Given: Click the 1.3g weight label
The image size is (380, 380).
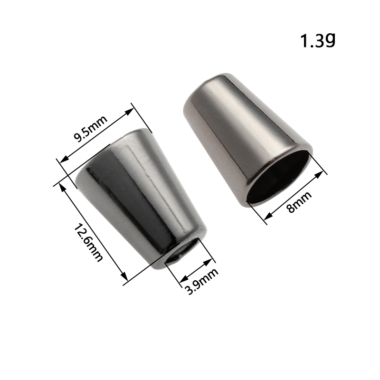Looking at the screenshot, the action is point(318,40).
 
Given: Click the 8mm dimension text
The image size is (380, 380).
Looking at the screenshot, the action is point(299,202).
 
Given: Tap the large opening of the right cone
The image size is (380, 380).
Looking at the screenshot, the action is point(278,176).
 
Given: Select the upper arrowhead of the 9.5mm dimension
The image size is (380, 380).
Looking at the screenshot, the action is point(129,112).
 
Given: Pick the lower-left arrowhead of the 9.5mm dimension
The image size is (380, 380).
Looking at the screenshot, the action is point(64,160).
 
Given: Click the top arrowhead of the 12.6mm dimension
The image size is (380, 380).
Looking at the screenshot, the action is point(62,187).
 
